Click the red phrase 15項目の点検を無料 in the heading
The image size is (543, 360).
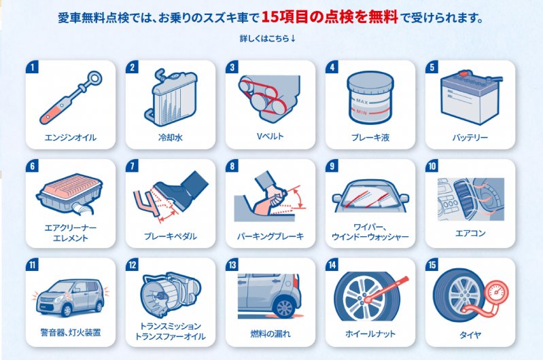(x=330, y=17)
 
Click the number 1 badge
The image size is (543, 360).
(x=32, y=67)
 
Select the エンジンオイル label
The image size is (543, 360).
(x=71, y=137)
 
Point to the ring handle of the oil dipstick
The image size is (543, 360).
(x=94, y=78)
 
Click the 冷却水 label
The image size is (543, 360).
(x=171, y=137)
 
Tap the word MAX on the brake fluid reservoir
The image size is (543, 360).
(x=362, y=102)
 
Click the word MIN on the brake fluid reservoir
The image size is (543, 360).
(x=362, y=112)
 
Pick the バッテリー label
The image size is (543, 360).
(x=470, y=137)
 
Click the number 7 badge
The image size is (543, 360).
(x=132, y=166)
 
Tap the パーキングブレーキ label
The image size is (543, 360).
(x=270, y=236)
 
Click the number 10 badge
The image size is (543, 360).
(x=432, y=166)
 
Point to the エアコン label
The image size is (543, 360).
(x=470, y=233)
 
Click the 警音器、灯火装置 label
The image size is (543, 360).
(x=71, y=333)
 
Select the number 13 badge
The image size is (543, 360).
(x=232, y=265)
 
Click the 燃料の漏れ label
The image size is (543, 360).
(x=270, y=334)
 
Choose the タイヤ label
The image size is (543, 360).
(x=470, y=335)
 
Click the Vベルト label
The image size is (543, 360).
(x=270, y=137)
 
